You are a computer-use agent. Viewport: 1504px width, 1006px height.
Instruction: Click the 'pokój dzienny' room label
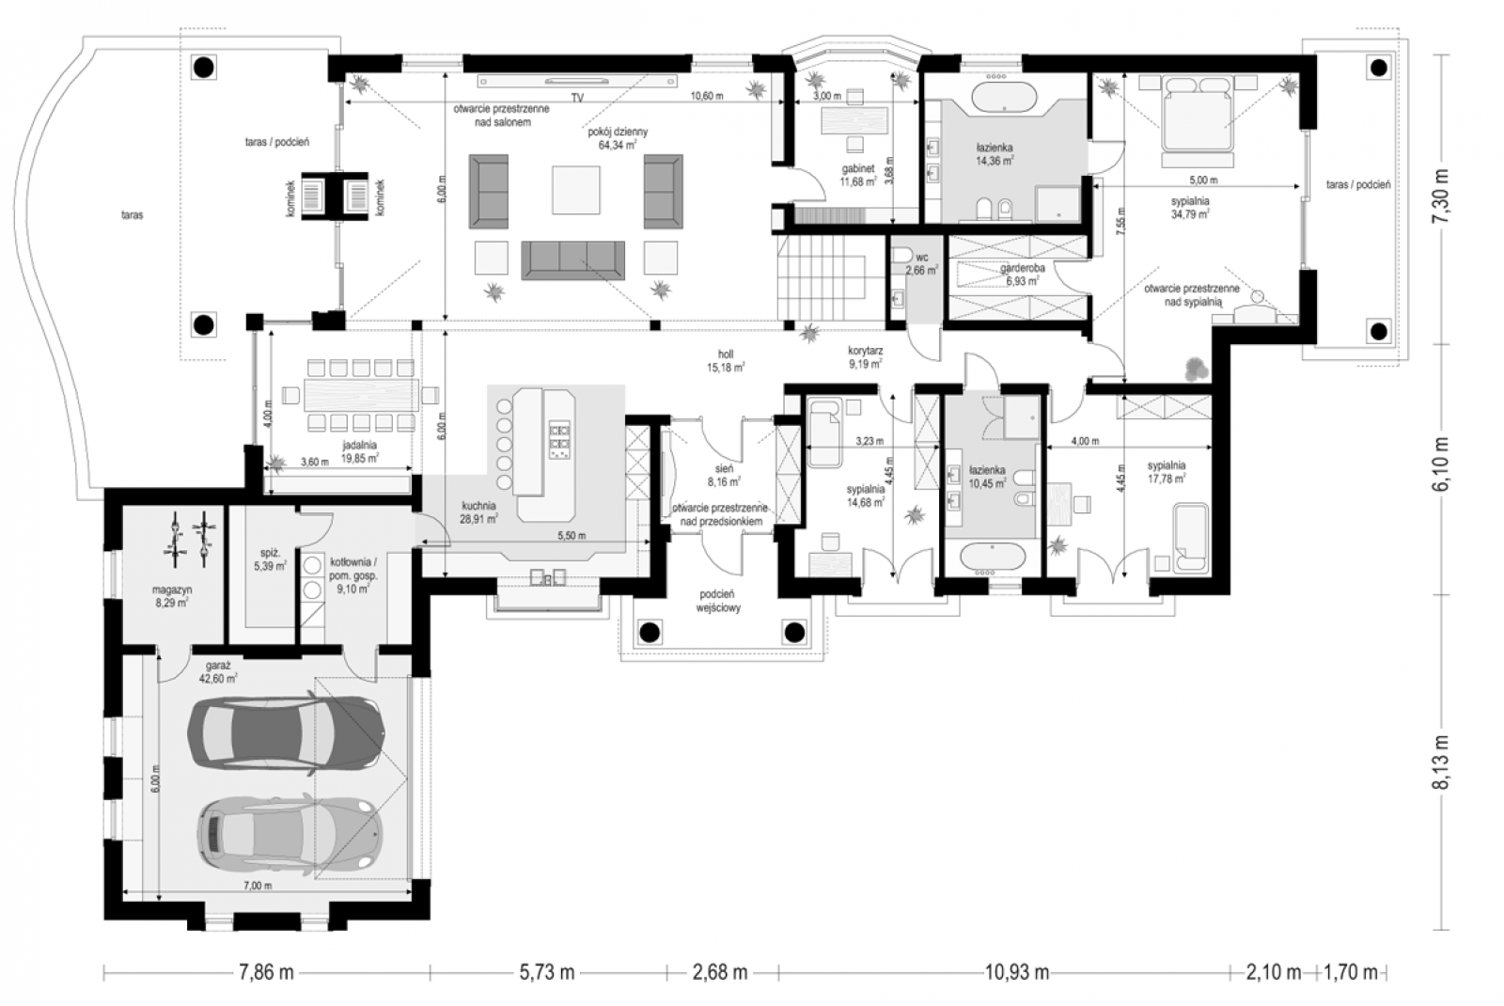coord(618,133)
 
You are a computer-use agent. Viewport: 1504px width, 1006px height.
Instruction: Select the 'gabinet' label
coord(857,169)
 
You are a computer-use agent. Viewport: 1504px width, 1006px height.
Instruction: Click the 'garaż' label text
coord(218,667)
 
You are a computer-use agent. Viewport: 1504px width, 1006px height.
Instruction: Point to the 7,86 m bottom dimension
coord(267,972)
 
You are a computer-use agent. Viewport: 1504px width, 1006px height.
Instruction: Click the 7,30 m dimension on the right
coord(1441,199)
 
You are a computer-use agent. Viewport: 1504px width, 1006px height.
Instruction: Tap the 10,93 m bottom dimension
coord(1016,972)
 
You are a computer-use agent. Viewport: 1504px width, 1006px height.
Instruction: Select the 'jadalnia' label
coord(360,446)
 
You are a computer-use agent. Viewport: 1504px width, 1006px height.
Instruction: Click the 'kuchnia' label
coord(478,506)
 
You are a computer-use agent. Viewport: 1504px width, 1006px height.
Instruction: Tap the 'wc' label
coord(922,258)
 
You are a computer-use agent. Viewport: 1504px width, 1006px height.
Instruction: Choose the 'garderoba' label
coord(1022,269)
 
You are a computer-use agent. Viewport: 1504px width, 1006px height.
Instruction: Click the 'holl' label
coord(725,354)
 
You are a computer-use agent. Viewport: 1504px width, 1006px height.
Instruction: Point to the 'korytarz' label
coord(865,351)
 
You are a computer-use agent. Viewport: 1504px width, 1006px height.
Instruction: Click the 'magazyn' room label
coord(172,590)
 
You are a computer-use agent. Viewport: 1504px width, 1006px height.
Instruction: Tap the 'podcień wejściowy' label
coord(720,602)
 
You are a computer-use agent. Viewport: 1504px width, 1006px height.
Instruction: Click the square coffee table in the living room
coord(576,190)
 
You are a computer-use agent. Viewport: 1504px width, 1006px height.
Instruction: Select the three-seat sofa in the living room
coord(572,260)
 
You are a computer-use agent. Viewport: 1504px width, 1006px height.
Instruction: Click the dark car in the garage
coord(286,732)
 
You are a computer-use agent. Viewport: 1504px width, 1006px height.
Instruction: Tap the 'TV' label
coord(577,98)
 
